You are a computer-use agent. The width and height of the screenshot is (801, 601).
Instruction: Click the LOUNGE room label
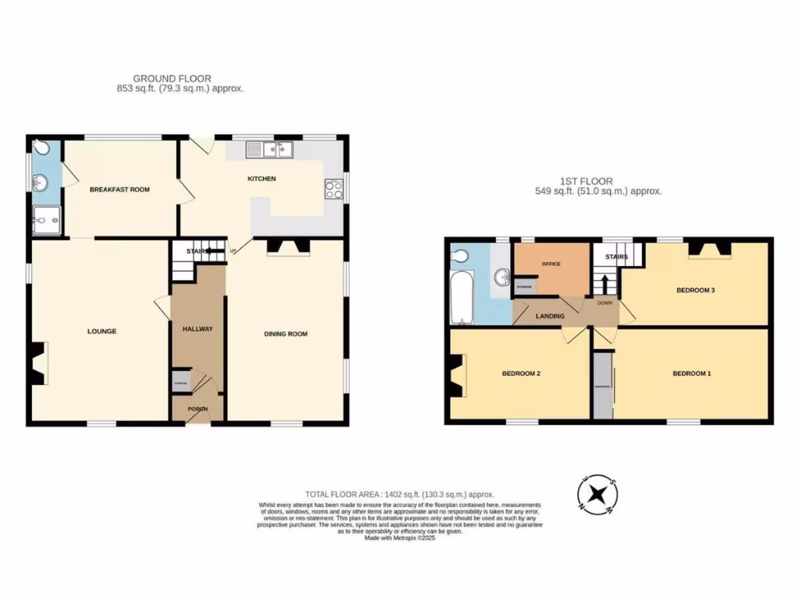[x=102, y=331]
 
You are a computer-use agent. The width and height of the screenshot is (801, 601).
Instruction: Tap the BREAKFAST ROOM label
[x=119, y=189]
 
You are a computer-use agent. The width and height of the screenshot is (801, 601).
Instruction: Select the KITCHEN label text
[x=262, y=179]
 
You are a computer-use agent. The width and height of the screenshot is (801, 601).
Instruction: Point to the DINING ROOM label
[x=286, y=334]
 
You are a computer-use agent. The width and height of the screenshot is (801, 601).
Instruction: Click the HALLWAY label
[x=197, y=329]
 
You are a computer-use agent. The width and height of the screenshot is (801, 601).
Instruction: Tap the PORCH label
[x=196, y=409]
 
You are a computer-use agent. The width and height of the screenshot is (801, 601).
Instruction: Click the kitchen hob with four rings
[x=334, y=189]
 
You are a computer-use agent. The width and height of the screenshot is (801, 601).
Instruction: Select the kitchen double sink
[x=268, y=149]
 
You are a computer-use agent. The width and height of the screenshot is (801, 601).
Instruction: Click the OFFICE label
[x=552, y=265]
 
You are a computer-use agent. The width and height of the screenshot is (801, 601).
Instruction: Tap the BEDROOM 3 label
[x=695, y=290]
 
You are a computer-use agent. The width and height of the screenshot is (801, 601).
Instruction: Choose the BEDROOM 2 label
[x=521, y=373]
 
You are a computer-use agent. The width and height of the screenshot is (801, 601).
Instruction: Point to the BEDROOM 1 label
[x=691, y=373]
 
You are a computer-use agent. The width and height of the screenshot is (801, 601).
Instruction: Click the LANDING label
[x=550, y=316]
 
